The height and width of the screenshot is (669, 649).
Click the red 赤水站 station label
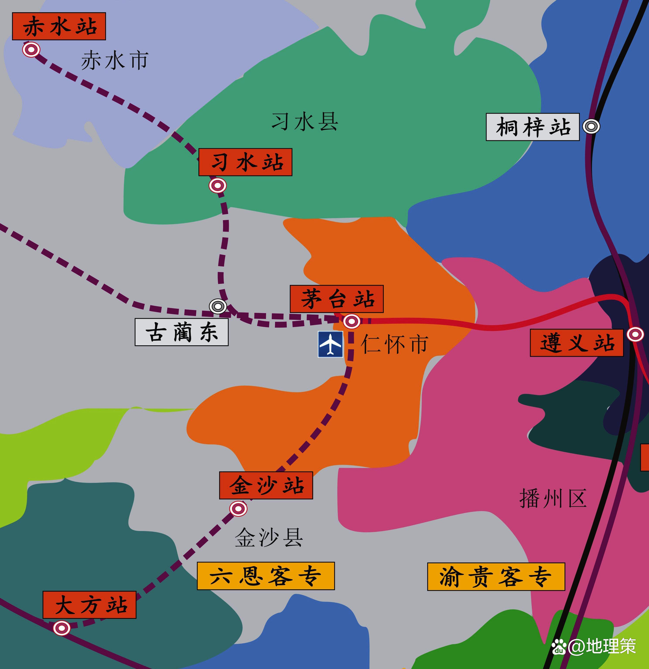point(59,26)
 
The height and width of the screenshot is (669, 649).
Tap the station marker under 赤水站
point(31,50)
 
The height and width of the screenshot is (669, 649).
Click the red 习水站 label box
point(245,162)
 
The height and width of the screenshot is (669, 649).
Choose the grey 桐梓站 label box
point(533,127)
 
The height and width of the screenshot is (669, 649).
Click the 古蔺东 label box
point(182,332)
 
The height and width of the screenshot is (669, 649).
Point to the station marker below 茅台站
point(352,322)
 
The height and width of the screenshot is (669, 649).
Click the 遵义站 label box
point(577,343)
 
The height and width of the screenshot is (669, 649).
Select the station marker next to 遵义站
point(635,334)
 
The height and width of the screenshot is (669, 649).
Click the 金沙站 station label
point(266,485)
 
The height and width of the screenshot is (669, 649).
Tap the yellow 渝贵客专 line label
point(496,577)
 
